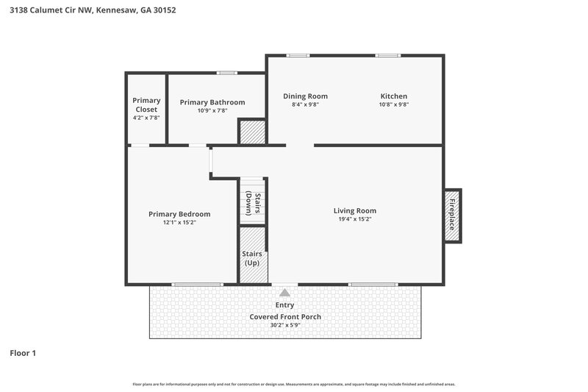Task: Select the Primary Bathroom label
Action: tap(212, 102)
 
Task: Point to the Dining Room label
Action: tap(305, 96)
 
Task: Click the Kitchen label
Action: tap(393, 96)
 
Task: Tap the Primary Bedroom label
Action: tap(179, 214)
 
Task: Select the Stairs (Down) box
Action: tap(252, 199)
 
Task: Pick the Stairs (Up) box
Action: tap(253, 254)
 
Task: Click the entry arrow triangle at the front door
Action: tap(284, 293)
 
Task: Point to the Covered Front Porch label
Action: tap(285, 317)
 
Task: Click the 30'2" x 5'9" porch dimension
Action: tap(285, 325)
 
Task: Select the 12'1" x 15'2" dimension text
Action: tap(179, 222)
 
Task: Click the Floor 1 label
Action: tap(23, 353)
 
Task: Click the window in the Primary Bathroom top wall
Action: tap(226, 72)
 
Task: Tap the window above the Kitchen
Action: tap(388, 55)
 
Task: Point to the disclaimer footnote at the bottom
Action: tap(293, 384)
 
